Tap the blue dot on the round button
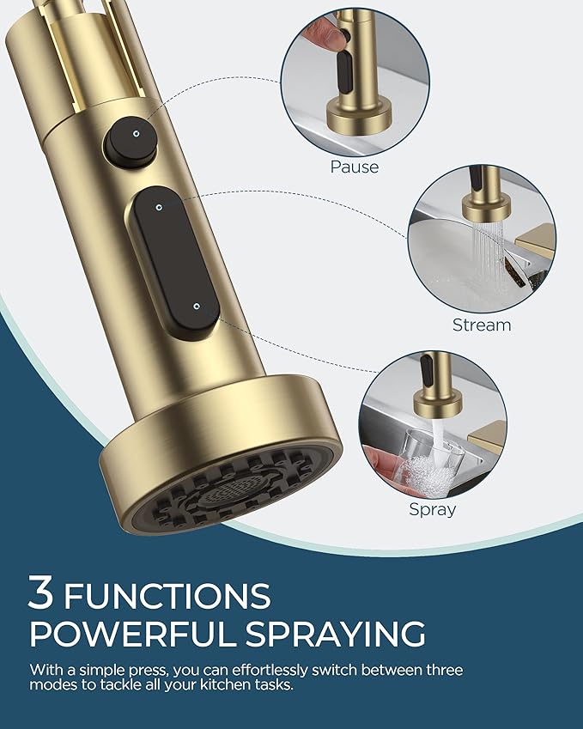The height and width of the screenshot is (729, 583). tap(136, 133)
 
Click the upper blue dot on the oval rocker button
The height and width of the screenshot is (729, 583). tap(161, 205)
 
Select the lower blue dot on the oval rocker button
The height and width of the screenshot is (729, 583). tap(197, 306)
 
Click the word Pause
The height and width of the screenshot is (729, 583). tap(355, 167)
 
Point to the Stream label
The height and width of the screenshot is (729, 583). tap(481, 325)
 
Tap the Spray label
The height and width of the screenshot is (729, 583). tap(432, 509)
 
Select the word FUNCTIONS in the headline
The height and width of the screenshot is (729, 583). tap(167, 595)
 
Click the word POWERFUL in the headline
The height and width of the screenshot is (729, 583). tap(124, 634)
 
